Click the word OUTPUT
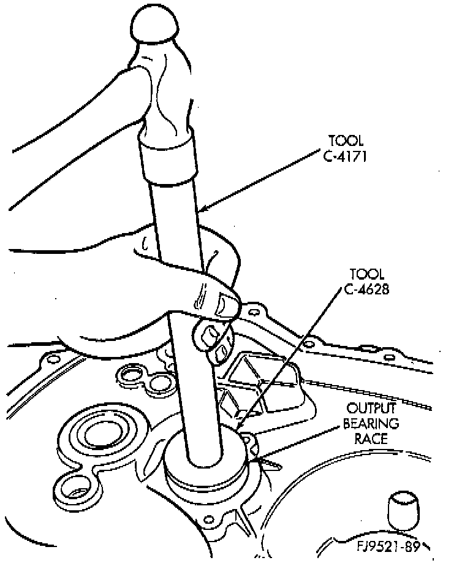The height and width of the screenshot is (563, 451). coord(372,408)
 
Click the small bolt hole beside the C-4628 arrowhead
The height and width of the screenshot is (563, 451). coord(248,439)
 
